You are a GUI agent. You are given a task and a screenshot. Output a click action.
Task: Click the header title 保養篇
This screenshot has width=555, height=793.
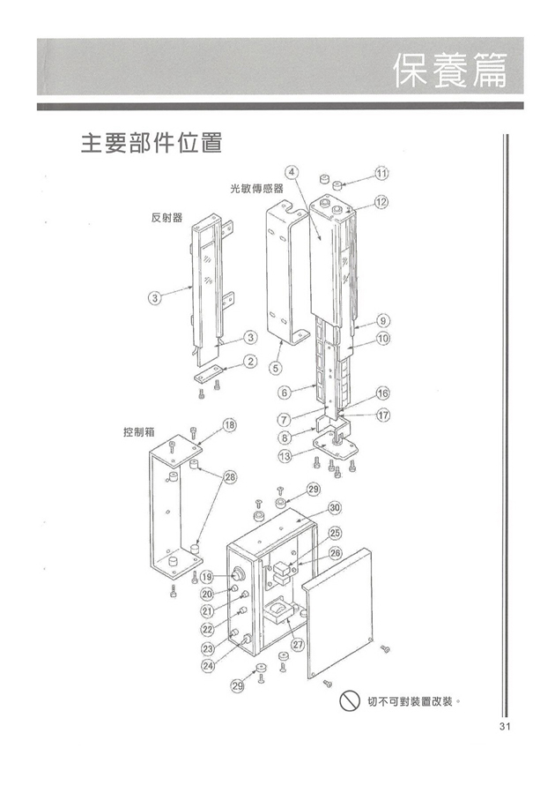click(x=450, y=70)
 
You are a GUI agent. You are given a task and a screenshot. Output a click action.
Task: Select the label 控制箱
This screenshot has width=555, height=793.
click(x=139, y=433)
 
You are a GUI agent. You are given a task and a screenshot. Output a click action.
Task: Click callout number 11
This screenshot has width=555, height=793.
click(x=381, y=171)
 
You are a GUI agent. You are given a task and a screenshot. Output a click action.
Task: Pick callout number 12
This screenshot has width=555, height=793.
click(x=381, y=202)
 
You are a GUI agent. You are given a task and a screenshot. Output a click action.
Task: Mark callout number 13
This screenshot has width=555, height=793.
click(x=285, y=455)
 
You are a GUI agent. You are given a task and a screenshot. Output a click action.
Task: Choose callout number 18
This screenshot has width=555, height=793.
click(x=228, y=425)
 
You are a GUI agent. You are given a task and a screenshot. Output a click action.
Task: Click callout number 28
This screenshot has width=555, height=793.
click(x=228, y=477)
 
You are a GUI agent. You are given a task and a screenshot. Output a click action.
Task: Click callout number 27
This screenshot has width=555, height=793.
click(x=297, y=644)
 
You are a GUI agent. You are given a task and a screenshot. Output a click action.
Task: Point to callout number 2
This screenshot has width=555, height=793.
click(x=250, y=360)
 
